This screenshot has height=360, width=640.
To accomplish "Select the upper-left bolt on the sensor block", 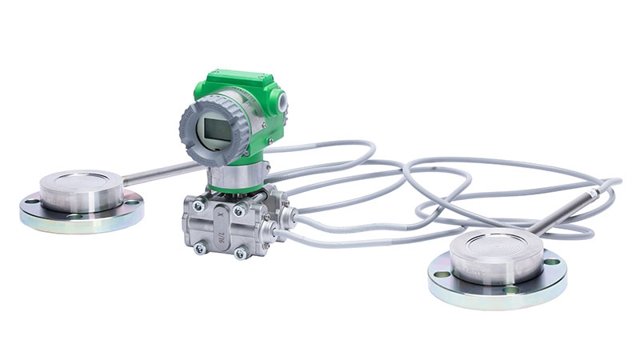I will pyautogui.click(x=198, y=206).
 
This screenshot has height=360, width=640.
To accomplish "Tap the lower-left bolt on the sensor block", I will pyautogui.click(x=200, y=248).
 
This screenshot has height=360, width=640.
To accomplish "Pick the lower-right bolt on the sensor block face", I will pyautogui.click(x=240, y=254).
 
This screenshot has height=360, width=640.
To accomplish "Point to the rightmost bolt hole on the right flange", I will pyautogui.click(x=551, y=262).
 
